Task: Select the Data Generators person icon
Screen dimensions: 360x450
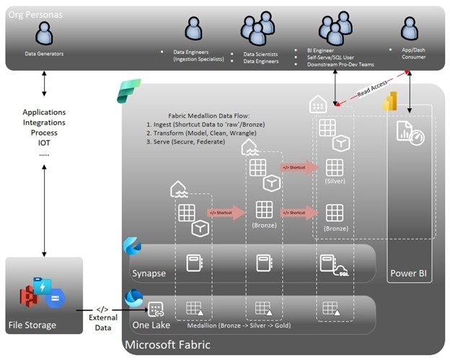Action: coord(44,33)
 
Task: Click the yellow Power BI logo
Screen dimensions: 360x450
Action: coord(390,102)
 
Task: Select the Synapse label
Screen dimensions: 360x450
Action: coord(149,273)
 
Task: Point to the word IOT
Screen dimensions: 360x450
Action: coord(44,143)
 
